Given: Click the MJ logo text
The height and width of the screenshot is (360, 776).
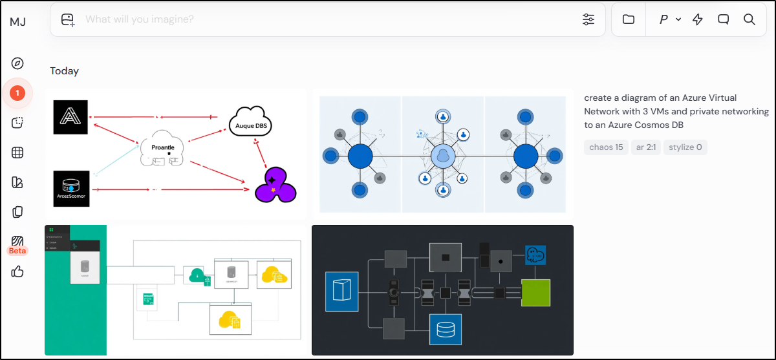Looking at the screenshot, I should point(17,21).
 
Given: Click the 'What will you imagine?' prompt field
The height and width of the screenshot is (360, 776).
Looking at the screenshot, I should point(323,19).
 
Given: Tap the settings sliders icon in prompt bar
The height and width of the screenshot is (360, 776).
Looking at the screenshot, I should point(588,19).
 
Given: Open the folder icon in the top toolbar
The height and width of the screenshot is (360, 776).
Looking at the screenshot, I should point(629,19).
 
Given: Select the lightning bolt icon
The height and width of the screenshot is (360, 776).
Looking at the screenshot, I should point(697,19).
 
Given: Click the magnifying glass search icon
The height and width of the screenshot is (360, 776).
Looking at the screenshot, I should point(749,19).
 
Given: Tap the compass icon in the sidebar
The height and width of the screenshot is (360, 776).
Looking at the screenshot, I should point(17,63).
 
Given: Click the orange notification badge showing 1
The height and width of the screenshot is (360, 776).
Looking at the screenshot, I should point(17,93).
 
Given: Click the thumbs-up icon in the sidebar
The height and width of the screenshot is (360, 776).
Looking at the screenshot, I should point(17,271).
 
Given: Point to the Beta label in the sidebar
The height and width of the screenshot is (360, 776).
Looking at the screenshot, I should point(17,251).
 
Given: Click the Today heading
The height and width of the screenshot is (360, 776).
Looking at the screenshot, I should point(65,71).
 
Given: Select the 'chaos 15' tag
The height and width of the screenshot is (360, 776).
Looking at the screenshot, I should point(606,147).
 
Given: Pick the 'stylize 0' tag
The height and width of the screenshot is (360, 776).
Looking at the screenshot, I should point(685,147).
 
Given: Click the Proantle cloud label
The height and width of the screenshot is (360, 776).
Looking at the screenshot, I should point(163,147).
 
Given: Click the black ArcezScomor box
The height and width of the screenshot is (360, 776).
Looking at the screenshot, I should point(70,188).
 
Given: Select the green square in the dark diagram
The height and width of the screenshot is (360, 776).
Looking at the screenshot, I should point(535,293).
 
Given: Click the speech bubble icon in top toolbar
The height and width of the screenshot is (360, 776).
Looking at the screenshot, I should point(724,19).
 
